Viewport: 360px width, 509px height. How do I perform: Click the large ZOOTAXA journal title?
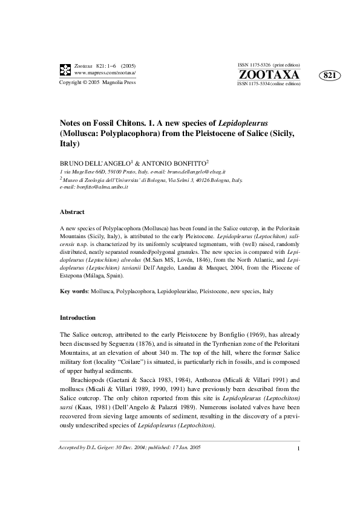[x=269, y=74]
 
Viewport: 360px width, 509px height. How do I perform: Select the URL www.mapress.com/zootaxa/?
[x=105, y=73]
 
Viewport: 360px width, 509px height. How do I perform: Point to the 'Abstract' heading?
[x=71, y=212]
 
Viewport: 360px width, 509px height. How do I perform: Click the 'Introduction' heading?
[x=77, y=317]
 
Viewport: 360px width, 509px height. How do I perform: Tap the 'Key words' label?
[x=74, y=291]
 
